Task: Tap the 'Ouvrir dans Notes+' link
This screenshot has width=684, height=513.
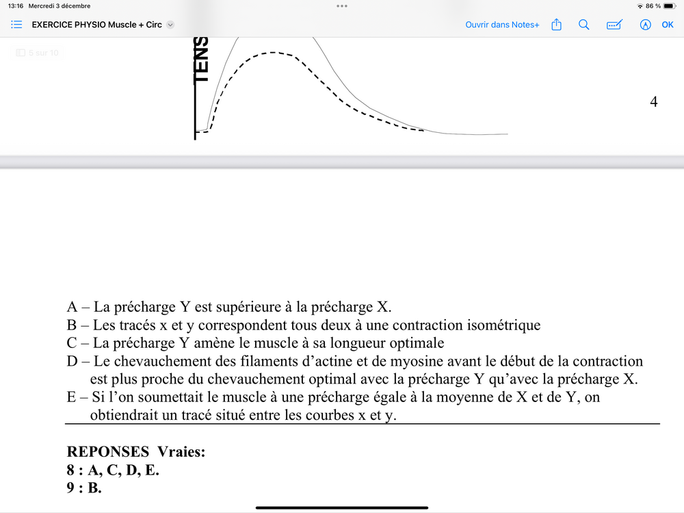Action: (502, 25)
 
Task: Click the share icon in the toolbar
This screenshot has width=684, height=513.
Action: (556, 25)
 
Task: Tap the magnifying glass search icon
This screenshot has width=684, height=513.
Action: (583, 25)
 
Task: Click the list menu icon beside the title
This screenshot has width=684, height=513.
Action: (17, 24)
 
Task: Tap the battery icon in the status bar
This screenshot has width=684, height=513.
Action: (669, 6)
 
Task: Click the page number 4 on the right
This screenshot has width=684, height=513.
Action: (653, 102)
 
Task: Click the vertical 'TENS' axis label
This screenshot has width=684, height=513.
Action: (201, 60)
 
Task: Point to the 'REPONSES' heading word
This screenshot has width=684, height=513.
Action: (107, 452)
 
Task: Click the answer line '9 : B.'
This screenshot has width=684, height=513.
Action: (83, 488)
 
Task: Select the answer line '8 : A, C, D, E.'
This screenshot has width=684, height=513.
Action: (112, 471)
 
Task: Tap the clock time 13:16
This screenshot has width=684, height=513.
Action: (14, 6)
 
